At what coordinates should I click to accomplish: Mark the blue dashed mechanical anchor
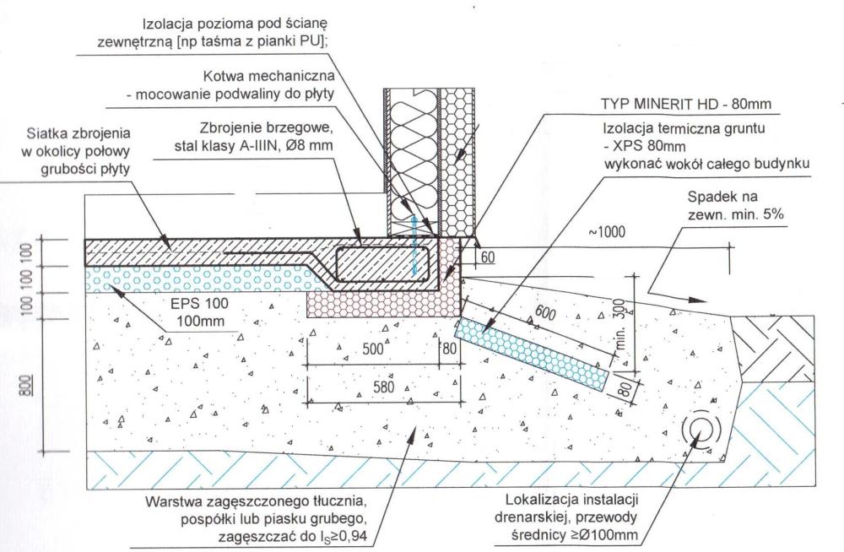(415, 245)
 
